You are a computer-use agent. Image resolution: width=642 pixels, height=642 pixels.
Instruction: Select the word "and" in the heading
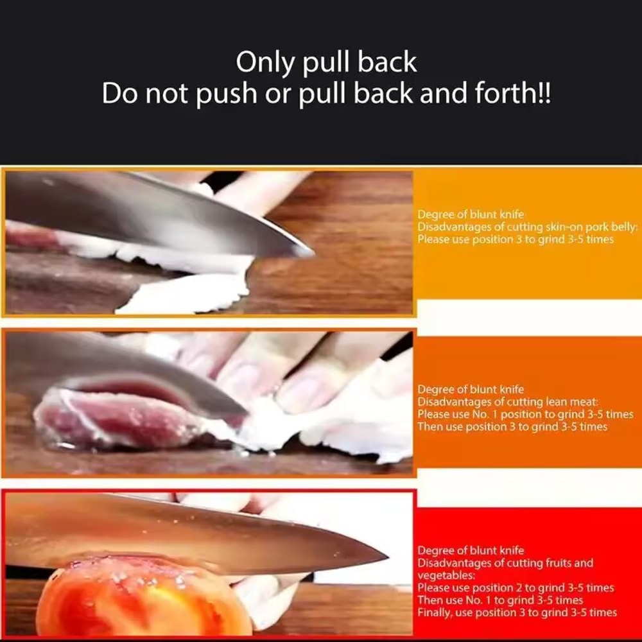click(442, 94)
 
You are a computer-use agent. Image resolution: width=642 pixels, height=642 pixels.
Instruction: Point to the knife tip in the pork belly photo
click(311, 252)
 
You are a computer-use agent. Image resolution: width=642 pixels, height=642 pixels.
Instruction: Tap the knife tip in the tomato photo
click(385, 553)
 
